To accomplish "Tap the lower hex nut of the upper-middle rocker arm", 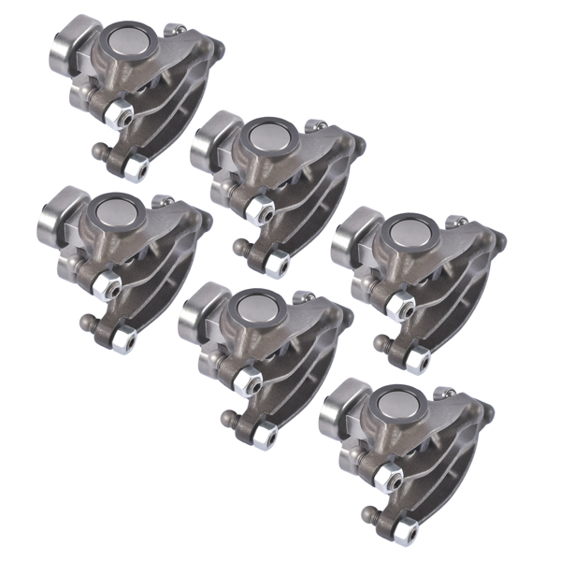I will point(274,265).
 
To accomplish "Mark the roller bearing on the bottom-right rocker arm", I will point(338,412).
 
